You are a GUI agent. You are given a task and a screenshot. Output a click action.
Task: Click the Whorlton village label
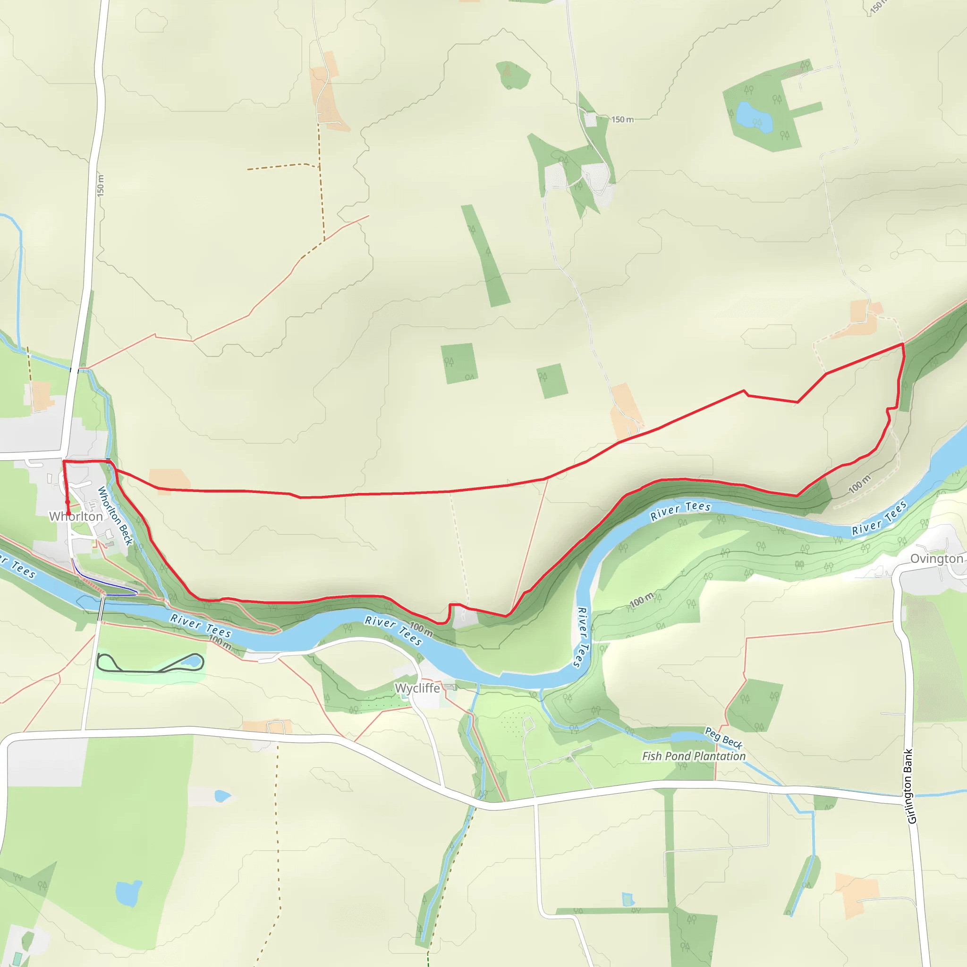76,516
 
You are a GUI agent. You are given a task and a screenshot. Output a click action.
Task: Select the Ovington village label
936,559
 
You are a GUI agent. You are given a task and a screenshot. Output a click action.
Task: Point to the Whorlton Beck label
115,516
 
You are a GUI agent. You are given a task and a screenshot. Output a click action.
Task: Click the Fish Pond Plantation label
694,756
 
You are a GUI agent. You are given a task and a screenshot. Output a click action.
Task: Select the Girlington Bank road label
911,786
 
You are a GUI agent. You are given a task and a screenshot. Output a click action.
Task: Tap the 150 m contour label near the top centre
622,119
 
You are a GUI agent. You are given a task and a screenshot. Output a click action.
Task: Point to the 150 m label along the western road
101,185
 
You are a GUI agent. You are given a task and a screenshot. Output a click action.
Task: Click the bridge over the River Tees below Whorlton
102,609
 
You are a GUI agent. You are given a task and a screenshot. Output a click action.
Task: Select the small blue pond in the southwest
128,893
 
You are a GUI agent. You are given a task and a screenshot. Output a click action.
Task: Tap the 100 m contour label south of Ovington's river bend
642,600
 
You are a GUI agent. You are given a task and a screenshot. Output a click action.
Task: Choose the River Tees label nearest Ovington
879,518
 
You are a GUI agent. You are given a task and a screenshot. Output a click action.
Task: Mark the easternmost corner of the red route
903,344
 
